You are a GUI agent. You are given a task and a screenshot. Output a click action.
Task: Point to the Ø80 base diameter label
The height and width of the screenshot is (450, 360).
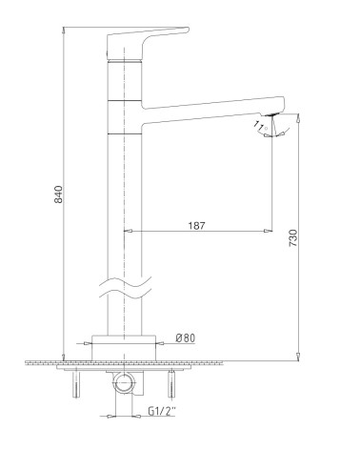pos(186,337)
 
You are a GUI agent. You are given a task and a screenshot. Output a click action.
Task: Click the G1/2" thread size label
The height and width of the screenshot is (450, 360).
pos(163,412)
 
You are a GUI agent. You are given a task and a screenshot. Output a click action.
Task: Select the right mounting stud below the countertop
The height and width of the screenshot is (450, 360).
pos(171,385)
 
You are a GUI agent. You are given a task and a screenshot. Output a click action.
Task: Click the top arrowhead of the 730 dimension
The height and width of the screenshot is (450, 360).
pos(302,118)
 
